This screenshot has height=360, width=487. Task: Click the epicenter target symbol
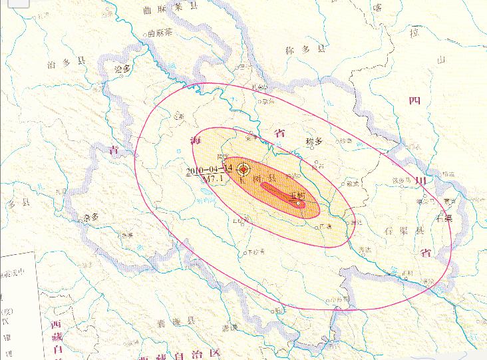(x=244, y=169)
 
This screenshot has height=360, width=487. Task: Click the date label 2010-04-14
(x=209, y=169)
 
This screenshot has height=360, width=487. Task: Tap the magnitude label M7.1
(x=214, y=178)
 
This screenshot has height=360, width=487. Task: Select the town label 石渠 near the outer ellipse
(x=443, y=217)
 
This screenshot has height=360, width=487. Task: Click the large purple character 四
(x=414, y=100)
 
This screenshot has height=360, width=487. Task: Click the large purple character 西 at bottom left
(x=57, y=325)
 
